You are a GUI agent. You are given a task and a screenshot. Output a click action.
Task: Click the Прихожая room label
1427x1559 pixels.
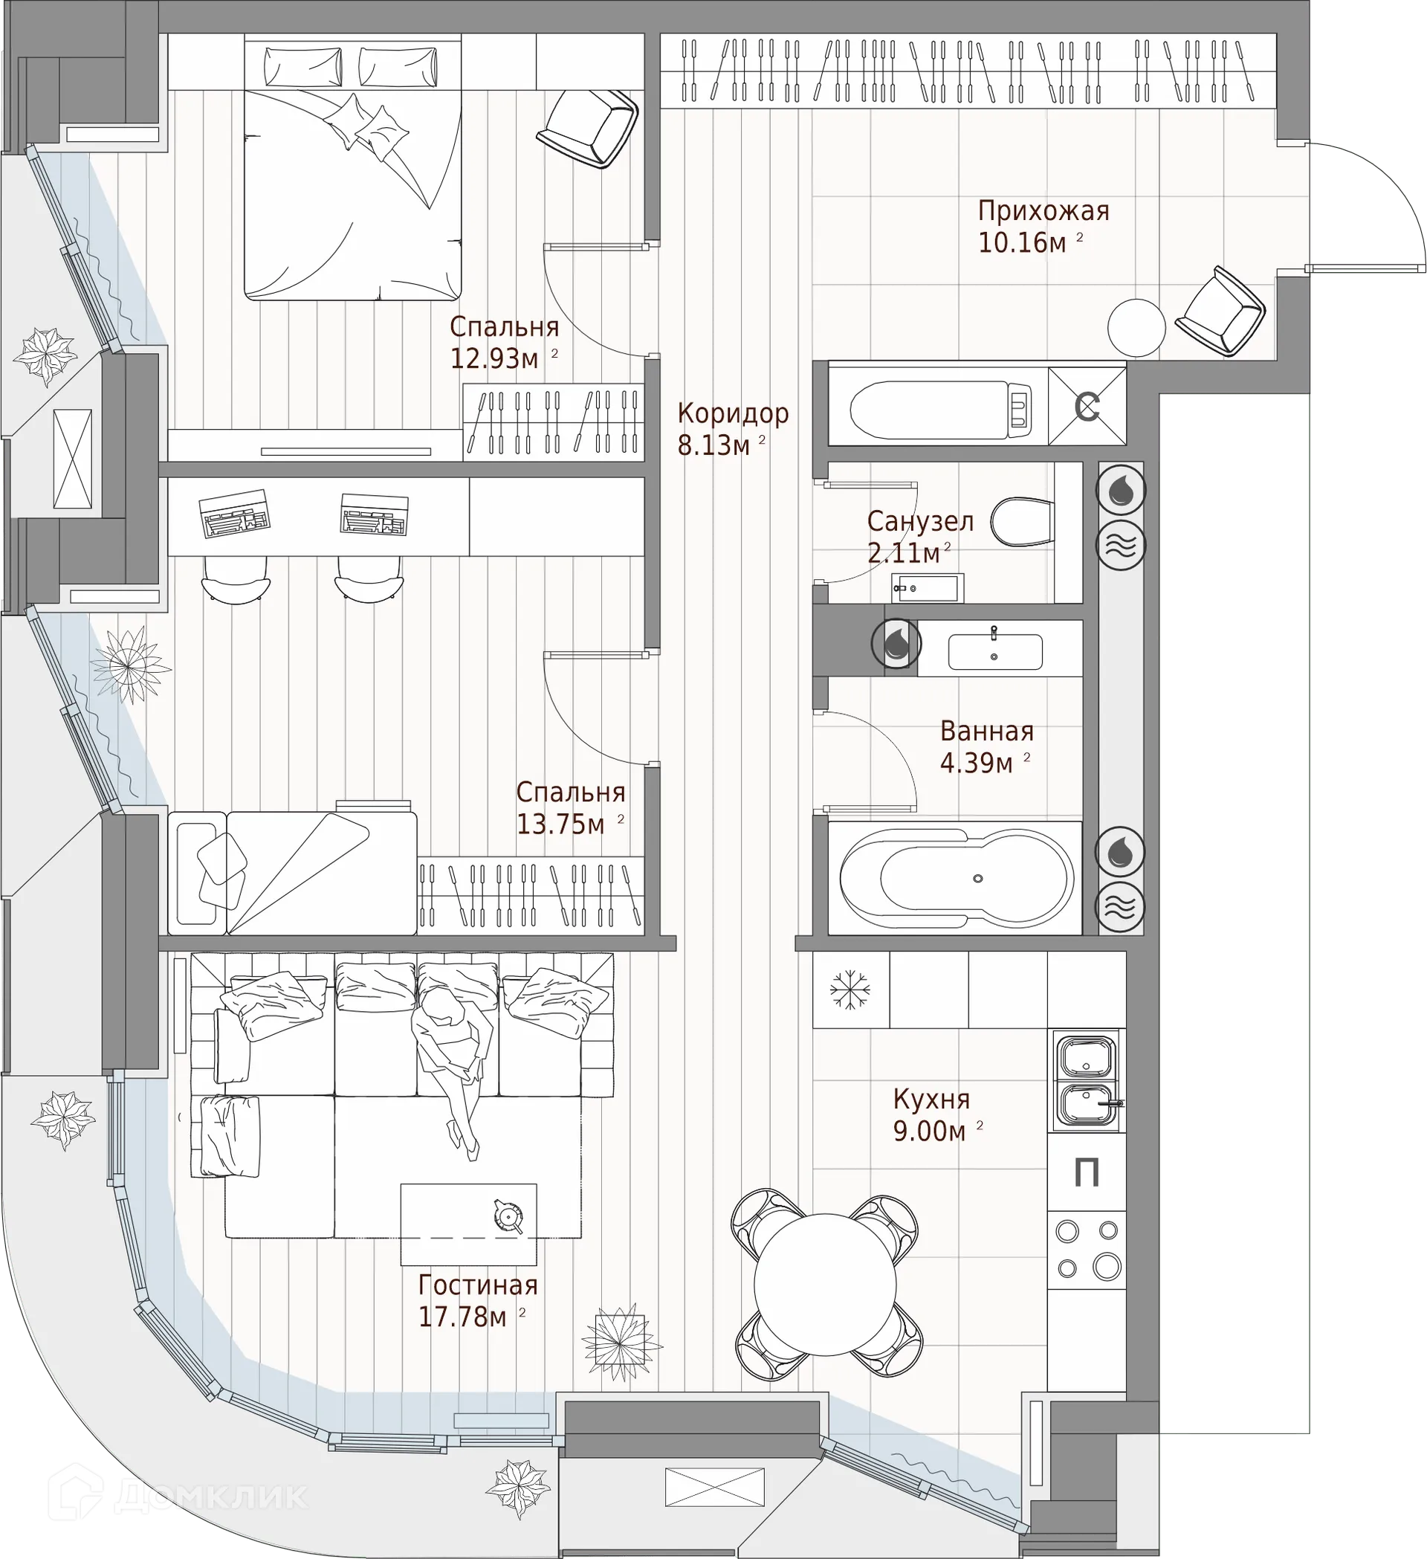(x=1043, y=211)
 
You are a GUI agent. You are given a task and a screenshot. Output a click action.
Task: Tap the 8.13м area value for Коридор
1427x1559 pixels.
(x=713, y=446)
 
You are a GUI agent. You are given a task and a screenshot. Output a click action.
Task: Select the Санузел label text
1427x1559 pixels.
(x=920, y=521)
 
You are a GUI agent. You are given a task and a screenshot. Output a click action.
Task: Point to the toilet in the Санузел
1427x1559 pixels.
(x=1022, y=521)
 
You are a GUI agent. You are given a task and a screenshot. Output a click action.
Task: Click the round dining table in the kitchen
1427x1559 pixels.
(x=825, y=1285)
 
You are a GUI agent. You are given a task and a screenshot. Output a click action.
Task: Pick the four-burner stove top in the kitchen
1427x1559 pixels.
(x=1086, y=1249)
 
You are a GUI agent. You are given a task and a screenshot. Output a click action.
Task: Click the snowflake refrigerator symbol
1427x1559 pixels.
(x=850, y=989)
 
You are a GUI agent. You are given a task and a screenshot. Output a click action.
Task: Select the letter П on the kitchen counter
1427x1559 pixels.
(x=1087, y=1172)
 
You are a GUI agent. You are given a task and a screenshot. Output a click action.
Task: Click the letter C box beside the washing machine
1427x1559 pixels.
(x=1087, y=406)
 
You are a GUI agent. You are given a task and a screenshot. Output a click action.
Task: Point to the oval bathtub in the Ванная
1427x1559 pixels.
(x=957, y=879)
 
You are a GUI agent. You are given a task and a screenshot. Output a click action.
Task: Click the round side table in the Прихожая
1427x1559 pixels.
(x=1136, y=328)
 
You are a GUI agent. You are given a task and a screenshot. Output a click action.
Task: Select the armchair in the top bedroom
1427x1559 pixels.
(x=587, y=128)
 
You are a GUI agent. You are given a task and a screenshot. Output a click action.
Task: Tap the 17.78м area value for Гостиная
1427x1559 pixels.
(x=462, y=1316)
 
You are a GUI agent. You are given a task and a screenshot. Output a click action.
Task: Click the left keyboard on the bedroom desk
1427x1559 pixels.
(x=234, y=512)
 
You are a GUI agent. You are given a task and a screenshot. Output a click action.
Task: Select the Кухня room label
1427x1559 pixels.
(x=931, y=1098)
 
